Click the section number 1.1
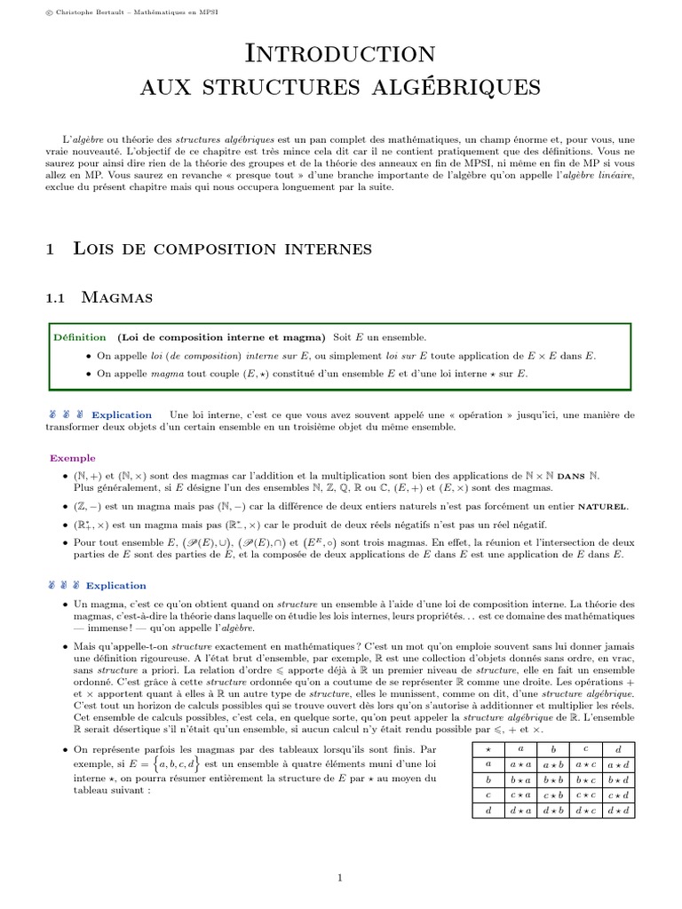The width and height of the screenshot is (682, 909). click(58, 297)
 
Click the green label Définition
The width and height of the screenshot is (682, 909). click(79, 338)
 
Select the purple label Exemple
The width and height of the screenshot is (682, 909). click(72, 459)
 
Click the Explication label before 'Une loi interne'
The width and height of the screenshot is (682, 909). click(121, 415)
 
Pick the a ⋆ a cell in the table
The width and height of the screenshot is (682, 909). click(519, 763)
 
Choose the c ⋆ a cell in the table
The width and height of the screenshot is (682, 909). click(519, 795)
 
